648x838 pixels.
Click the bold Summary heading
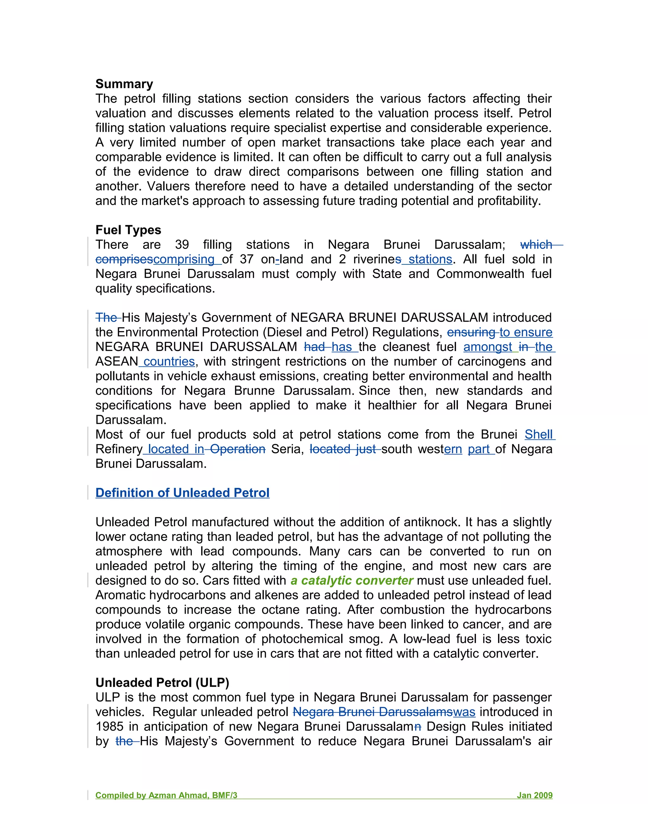(124, 84)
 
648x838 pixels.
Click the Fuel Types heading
(128, 230)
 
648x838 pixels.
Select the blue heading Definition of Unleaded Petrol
(182, 493)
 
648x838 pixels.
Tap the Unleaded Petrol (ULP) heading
(162, 683)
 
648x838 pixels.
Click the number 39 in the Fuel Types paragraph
(182, 245)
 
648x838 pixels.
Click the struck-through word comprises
(124, 259)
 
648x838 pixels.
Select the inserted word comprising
(184, 259)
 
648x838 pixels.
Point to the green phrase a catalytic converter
(352, 581)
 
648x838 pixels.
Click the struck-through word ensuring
(471, 332)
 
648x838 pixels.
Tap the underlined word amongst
(488, 347)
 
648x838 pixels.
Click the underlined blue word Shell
(539, 434)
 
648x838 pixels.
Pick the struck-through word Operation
(238, 449)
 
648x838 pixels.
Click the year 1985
(109, 727)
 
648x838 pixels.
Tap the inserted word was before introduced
(464, 712)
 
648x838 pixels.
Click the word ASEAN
(117, 361)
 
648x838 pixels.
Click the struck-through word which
(536, 245)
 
